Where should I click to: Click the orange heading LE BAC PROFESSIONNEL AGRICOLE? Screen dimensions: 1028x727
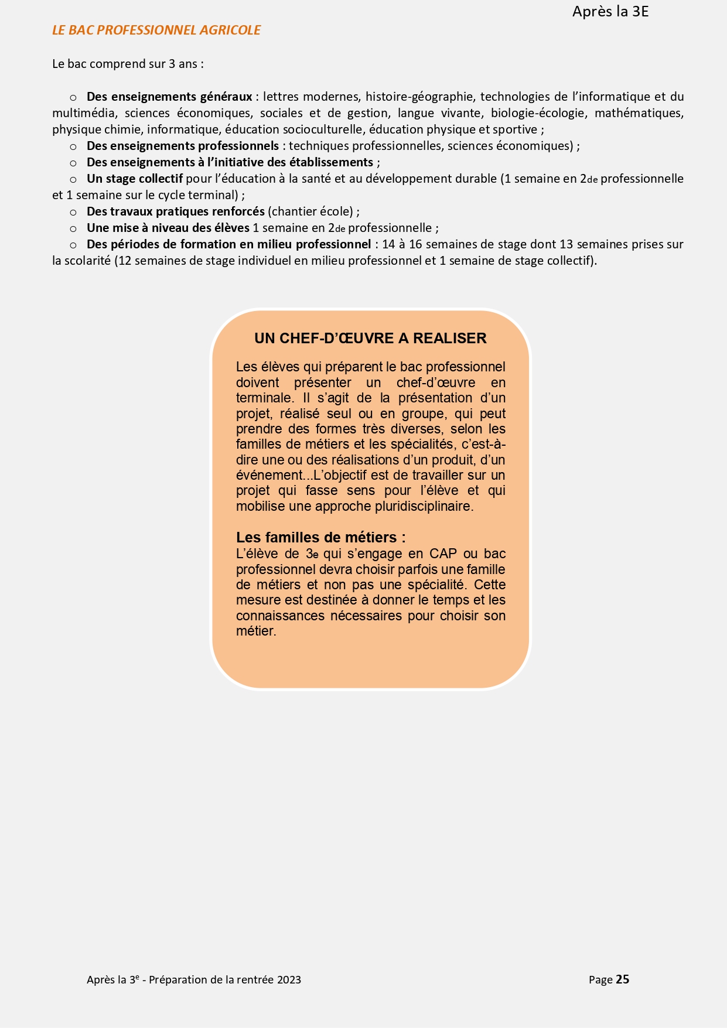156,30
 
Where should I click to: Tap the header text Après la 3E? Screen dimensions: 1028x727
610,12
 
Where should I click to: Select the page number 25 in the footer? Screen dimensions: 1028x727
622,979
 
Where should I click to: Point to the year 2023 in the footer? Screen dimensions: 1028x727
289,980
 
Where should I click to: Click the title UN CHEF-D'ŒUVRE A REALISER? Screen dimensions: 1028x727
370,339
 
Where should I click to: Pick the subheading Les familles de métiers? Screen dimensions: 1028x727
320,538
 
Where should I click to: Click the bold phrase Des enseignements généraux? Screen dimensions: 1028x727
169,97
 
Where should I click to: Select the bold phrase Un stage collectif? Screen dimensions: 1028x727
135,179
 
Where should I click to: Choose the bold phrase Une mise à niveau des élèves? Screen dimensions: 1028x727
168,228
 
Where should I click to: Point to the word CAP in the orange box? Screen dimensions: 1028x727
443,554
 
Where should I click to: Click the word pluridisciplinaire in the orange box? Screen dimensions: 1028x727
423,506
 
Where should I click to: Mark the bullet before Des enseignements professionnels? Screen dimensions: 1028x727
73,146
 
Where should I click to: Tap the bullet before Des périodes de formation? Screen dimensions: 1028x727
73,245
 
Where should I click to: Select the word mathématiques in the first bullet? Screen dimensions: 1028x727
639,113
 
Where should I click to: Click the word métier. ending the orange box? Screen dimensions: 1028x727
256,631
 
